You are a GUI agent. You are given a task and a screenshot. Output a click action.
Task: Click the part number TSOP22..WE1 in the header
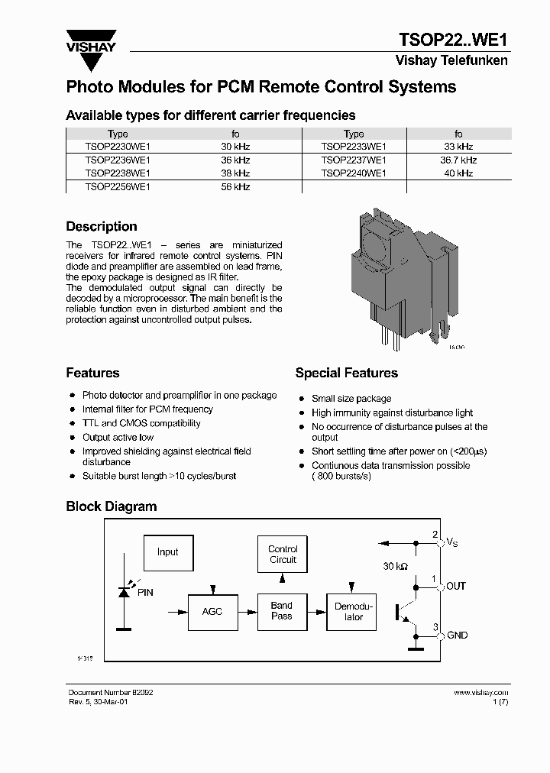click(x=453, y=40)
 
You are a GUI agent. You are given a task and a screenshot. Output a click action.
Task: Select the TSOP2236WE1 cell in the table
click(x=118, y=160)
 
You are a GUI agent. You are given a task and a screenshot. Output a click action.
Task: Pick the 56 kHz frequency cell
click(x=235, y=186)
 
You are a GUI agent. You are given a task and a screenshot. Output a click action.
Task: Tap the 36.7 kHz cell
click(x=458, y=160)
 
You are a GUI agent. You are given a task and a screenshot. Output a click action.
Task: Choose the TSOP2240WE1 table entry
click(x=353, y=173)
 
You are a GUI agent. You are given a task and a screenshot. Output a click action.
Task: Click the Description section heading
click(x=102, y=227)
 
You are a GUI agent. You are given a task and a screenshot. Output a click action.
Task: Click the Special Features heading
click(x=346, y=373)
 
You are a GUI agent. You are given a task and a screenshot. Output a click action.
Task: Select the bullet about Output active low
click(x=118, y=438)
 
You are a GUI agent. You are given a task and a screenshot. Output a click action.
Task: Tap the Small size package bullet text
click(x=351, y=399)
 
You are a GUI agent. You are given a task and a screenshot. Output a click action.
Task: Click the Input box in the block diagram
click(x=167, y=552)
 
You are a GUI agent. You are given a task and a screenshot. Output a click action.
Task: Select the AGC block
click(x=212, y=611)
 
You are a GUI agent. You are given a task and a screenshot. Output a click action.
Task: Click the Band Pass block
click(x=282, y=611)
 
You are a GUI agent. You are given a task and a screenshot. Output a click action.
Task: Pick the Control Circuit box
click(x=283, y=555)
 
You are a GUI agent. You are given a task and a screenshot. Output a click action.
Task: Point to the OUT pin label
click(x=456, y=587)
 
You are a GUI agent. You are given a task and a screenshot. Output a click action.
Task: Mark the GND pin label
click(x=457, y=636)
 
